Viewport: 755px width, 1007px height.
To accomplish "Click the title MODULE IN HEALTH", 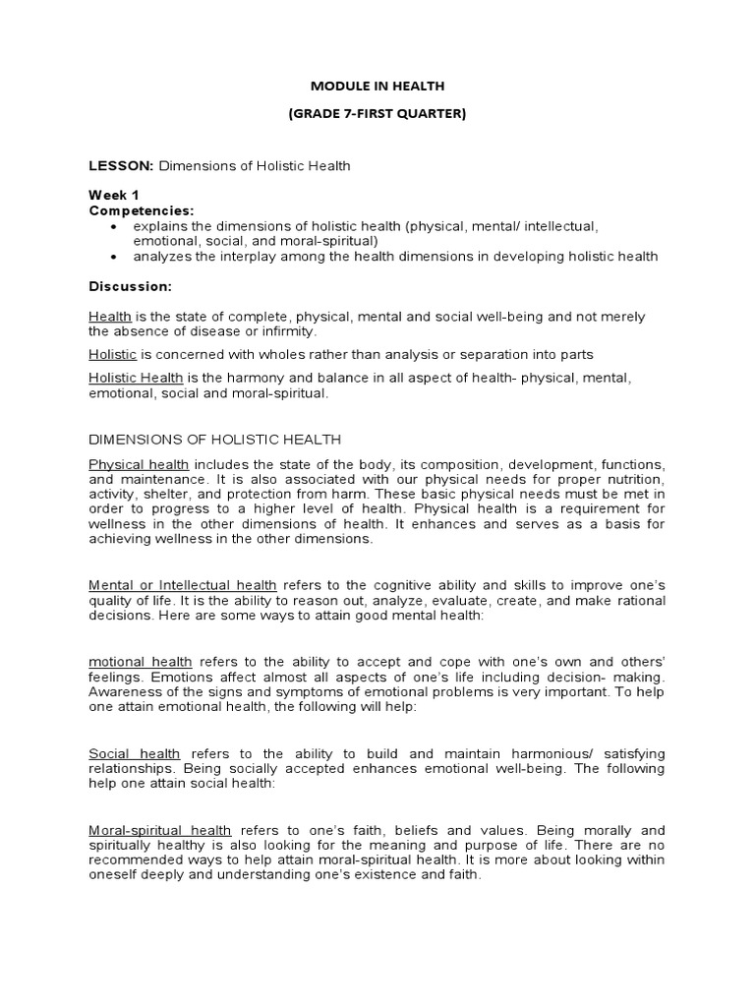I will click(x=377, y=87).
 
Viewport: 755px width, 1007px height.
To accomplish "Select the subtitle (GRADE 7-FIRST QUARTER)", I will click(x=377, y=113).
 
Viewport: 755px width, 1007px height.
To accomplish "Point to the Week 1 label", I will click(x=114, y=195).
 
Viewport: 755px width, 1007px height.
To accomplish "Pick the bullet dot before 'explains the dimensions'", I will click(x=115, y=226).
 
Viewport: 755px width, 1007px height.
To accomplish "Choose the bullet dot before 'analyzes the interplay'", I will click(x=115, y=257).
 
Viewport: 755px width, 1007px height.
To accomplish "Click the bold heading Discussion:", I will click(x=131, y=286).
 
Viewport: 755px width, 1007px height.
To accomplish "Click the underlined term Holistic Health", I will click(x=136, y=378).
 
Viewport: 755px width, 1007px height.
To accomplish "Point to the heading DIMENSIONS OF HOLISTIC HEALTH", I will click(x=215, y=440).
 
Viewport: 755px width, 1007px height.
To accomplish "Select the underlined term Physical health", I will click(x=139, y=464).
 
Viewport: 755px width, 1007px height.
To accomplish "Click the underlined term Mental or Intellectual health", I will click(x=183, y=585).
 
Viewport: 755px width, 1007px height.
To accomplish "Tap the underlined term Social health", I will click(x=135, y=753).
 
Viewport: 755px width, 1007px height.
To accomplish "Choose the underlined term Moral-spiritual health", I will click(x=160, y=830).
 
